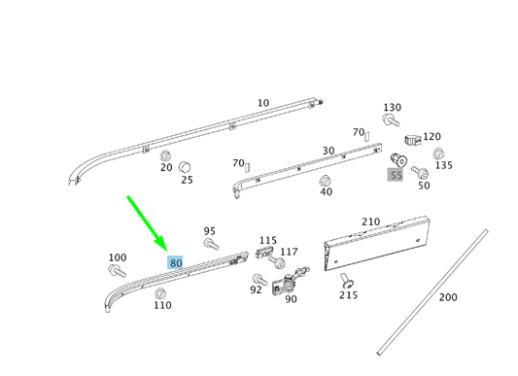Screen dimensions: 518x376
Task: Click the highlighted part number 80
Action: tap(175, 262)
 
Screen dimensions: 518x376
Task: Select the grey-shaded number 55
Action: tap(396, 175)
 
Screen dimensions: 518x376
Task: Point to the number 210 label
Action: tap(370, 222)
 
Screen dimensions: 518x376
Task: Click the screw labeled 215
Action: tap(347, 281)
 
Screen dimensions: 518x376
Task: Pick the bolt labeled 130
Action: tap(391, 120)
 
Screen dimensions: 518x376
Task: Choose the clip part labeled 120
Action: tap(413, 140)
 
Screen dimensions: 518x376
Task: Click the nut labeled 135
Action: tap(438, 154)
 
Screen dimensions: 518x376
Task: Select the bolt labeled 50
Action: tap(420, 173)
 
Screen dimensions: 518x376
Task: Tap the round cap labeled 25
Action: tap(185, 167)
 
